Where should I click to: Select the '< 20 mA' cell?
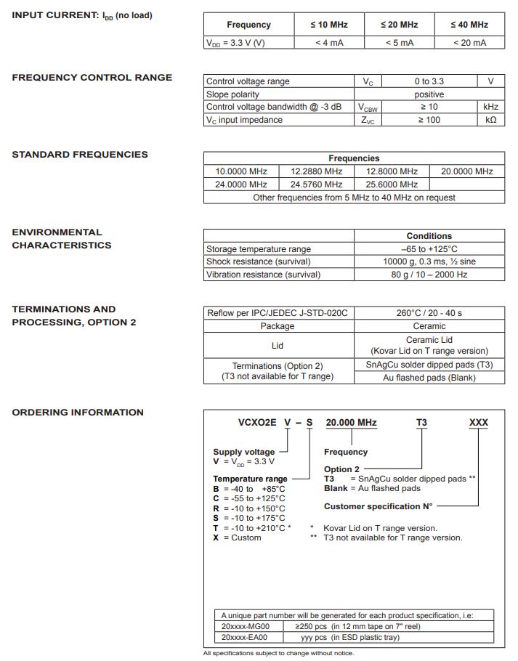coord(469,43)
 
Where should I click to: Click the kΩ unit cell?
coord(490,120)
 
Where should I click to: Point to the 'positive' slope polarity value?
coord(429,94)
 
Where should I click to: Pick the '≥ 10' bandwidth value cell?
coord(429,107)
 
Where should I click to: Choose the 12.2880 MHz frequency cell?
coord(316,171)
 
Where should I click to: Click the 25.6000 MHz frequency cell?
coord(392,184)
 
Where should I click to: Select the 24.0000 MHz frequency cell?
coord(241,184)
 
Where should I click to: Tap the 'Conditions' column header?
coord(429,236)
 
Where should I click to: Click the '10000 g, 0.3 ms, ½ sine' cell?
coord(429,261)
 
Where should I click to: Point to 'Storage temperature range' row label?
coord(259,249)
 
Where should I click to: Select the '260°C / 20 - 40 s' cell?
coord(429,313)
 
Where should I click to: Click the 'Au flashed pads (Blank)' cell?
coord(429,378)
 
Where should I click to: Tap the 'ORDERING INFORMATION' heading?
coord(78,413)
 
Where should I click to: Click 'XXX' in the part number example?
coord(479,423)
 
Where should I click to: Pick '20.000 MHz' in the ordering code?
coord(351,423)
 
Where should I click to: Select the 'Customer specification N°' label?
coord(378,506)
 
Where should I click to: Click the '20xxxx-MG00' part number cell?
coord(246,626)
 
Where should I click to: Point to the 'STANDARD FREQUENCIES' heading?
coord(80,154)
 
